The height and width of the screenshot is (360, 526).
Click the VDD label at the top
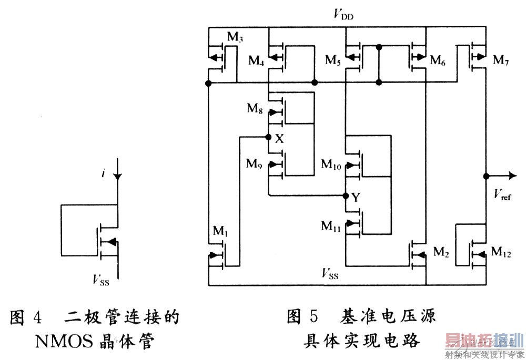click(x=343, y=14)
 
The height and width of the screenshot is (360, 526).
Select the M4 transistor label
click(x=256, y=60)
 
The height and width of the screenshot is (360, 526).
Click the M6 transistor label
click(x=438, y=60)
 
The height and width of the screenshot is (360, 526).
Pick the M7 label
click(x=501, y=60)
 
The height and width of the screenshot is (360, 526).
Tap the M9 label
click(x=255, y=163)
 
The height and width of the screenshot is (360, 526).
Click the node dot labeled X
click(x=268, y=138)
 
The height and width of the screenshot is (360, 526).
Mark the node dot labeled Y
click(x=346, y=196)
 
